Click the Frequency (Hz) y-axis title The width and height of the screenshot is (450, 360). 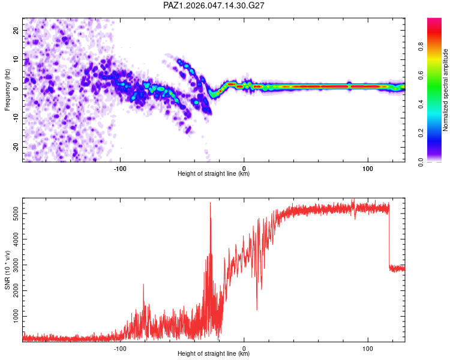pyautogui.click(x=7, y=89)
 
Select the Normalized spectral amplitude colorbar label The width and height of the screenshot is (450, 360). pyautogui.click(x=446, y=90)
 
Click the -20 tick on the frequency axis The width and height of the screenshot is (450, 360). pyautogui.click(x=15, y=147)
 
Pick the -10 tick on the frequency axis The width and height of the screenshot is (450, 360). pyautogui.click(x=15, y=118)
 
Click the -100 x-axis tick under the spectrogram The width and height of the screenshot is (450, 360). pyautogui.click(x=120, y=167)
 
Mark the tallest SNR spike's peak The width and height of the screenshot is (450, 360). pyautogui.click(x=210, y=203)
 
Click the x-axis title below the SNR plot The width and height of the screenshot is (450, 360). pyautogui.click(x=214, y=354)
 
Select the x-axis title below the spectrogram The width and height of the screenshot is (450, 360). pyautogui.click(x=214, y=174)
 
